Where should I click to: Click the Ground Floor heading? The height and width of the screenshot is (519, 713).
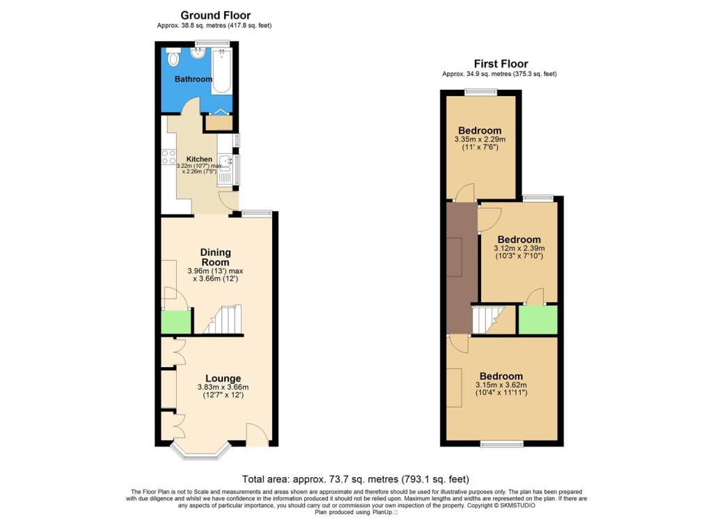click(215, 15)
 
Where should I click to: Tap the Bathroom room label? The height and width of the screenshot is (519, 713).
click(193, 79)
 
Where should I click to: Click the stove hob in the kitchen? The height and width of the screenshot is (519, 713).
click(169, 157)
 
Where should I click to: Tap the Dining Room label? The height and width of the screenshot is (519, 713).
click(215, 256)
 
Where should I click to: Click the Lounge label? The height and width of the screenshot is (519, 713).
click(223, 378)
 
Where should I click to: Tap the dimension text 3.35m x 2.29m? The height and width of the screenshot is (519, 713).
click(480, 139)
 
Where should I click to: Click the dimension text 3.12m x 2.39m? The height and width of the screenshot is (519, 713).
click(519, 248)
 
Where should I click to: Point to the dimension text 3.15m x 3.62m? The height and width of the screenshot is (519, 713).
click(501, 385)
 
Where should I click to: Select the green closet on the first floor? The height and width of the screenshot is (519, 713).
click(538, 320)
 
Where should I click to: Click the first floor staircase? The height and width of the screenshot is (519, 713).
click(487, 320)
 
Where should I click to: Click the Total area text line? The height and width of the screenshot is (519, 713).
click(355, 479)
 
